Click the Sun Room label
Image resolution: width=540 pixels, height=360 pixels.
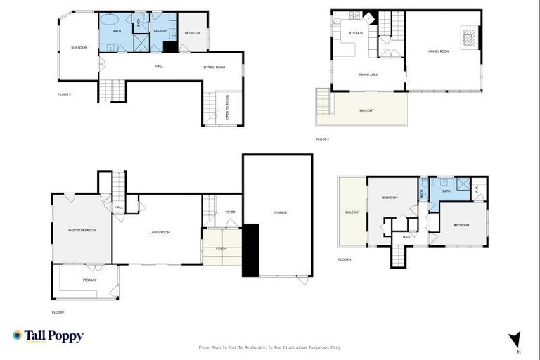[x=79, y=47]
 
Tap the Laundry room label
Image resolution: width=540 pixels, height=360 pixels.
[x=160, y=30]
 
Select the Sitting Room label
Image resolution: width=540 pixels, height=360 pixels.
[x=214, y=67]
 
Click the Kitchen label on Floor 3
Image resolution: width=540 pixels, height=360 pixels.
[x=356, y=33]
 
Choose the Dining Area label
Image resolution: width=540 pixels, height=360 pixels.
[x=369, y=74]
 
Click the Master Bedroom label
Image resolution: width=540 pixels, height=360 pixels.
[x=82, y=230]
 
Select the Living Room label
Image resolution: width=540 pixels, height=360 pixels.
[x=160, y=232]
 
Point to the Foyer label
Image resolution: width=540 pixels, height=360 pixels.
[x=229, y=212]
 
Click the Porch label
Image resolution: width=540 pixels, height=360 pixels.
[x=221, y=248]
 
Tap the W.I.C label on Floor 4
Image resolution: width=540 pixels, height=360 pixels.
[x=477, y=188]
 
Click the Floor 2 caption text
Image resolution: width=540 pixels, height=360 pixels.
[x=65, y=94]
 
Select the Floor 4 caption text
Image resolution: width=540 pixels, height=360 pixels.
[x=344, y=260]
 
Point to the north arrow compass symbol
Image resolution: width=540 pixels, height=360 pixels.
[x=515, y=340]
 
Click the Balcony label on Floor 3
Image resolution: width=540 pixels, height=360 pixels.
[x=367, y=110]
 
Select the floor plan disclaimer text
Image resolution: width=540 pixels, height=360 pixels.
[x=269, y=347]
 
